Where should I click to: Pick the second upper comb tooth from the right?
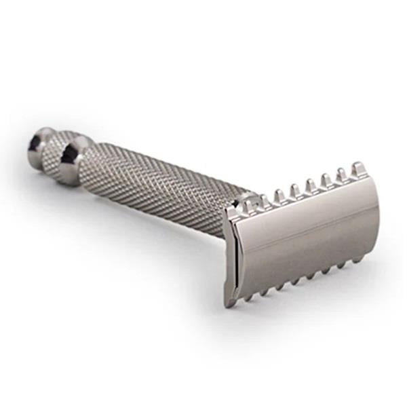pos(342,175)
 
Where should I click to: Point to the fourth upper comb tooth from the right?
pos(310,184)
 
